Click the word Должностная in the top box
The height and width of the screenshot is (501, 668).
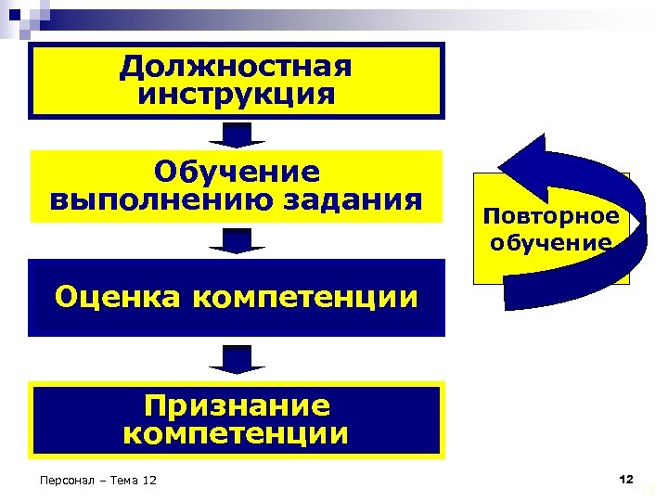tap(237, 68)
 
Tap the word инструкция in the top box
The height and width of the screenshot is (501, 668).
tap(237, 95)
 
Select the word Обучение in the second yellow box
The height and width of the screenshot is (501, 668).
tap(237, 172)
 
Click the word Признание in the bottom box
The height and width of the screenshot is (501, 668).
tap(237, 406)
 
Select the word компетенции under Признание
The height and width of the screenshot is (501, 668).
tap(237, 433)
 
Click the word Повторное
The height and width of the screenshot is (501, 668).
tap(551, 216)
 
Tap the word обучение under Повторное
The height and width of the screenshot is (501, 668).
tap(551, 243)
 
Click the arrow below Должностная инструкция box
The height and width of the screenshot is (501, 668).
tap(237, 135)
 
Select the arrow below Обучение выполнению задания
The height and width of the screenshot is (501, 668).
tap(237, 241)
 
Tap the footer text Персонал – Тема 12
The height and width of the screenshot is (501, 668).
tap(94, 480)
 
